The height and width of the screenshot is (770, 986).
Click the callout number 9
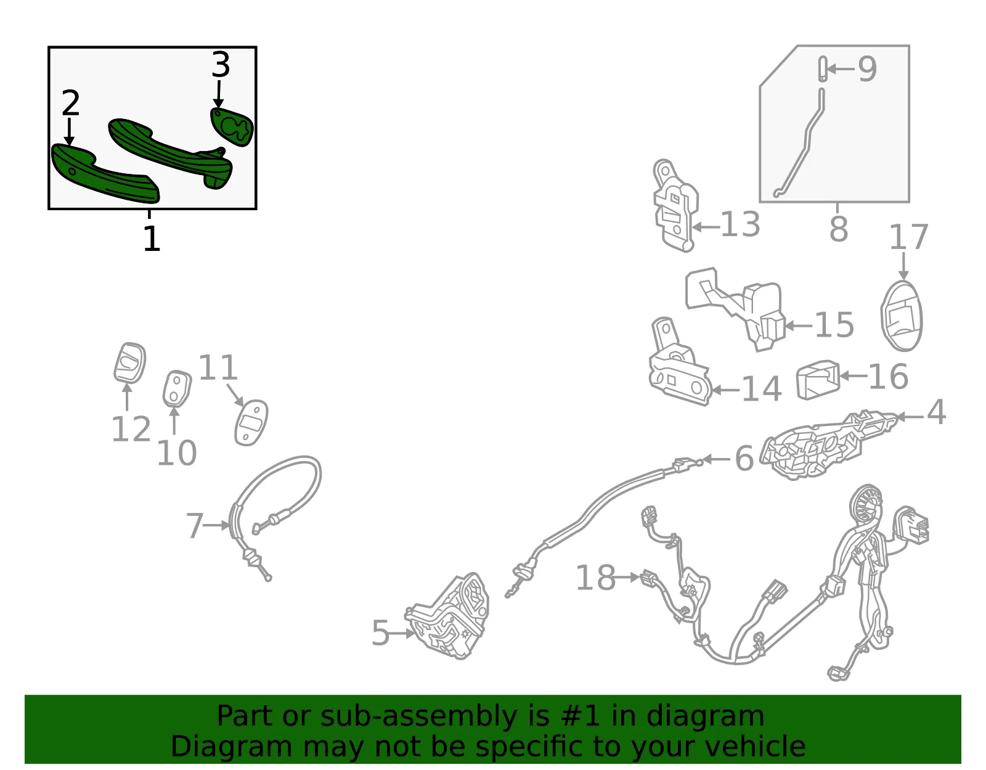(867, 69)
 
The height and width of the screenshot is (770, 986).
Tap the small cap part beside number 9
(821, 69)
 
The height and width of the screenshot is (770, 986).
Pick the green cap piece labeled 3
(232, 127)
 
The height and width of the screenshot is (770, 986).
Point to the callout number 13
(740, 224)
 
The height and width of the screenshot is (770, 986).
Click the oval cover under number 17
(902, 316)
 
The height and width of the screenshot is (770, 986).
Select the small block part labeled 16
(818, 380)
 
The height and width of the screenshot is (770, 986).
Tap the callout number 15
(834, 325)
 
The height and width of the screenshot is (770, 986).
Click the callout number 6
(744, 458)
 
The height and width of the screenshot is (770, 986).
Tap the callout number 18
(596, 578)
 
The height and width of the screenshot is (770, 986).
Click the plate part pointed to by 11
(251, 422)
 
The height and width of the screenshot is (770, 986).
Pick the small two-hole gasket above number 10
(176, 389)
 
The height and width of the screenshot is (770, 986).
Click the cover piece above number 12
(130, 363)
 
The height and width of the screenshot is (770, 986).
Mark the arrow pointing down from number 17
(903, 266)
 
